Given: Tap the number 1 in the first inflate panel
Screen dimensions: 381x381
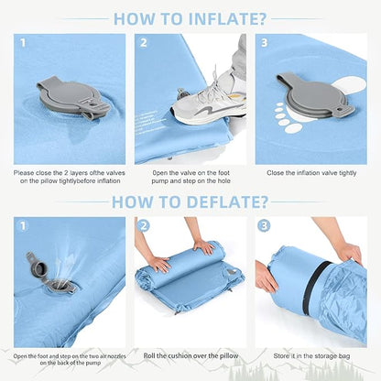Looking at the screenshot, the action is click(23, 43).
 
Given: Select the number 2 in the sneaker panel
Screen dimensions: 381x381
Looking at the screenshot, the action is click(144, 43).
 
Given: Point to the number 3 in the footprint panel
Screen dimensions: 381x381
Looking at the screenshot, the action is click(265, 43).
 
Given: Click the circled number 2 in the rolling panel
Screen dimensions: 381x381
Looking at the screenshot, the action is click(144, 226).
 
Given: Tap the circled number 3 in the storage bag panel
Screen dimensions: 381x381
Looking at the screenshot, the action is click(264, 226).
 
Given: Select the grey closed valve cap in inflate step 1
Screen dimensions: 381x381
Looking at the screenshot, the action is click(72, 97).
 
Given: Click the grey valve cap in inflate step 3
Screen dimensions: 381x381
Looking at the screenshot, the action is click(314, 95).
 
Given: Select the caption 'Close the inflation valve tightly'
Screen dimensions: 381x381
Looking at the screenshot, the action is click(311, 173).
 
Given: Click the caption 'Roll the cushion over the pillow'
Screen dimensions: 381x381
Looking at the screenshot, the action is click(190, 355).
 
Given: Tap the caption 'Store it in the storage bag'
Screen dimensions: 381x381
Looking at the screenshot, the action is click(311, 356).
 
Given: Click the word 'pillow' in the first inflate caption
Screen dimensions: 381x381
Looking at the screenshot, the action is click(49, 181).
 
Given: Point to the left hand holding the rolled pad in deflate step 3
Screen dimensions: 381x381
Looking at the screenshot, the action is click(267, 278).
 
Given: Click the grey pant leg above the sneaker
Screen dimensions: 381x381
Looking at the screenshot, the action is click(239, 55).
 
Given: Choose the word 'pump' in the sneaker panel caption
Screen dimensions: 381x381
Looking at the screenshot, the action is click(160, 181).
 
